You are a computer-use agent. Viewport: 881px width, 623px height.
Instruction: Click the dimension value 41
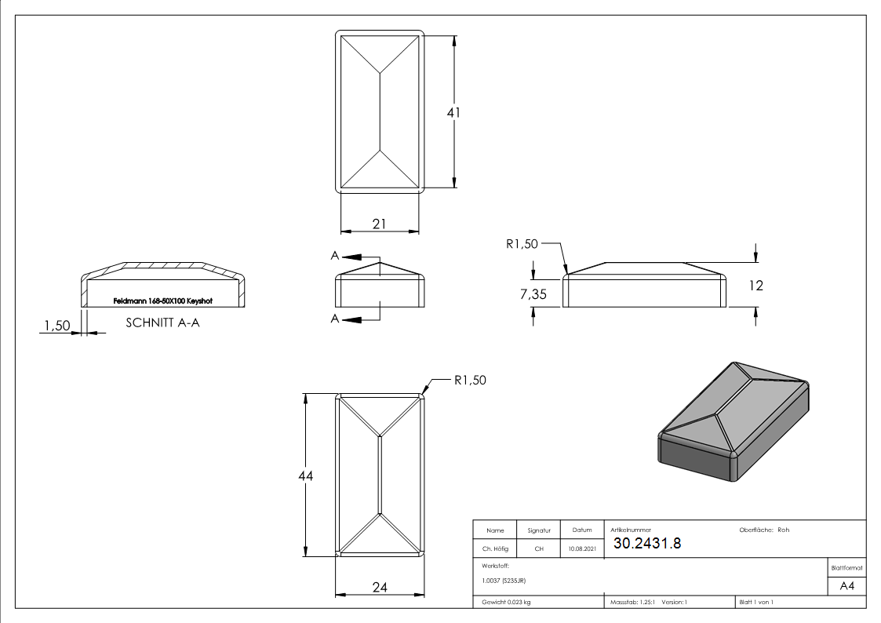453,113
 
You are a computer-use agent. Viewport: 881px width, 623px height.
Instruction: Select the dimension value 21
380,224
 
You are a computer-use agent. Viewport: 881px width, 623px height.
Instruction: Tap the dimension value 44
306,476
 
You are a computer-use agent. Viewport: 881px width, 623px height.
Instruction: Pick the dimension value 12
755,286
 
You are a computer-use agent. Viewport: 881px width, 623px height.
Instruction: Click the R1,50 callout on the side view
522,244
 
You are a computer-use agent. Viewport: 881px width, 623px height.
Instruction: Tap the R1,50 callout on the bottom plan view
470,381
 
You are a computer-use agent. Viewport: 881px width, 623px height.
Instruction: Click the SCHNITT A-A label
162,322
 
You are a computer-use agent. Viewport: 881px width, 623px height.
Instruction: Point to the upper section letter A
335,257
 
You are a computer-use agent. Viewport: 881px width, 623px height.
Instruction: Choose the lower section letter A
335,318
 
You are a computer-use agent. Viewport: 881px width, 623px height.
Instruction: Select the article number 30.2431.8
647,544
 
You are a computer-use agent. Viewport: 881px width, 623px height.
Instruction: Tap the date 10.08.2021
581,549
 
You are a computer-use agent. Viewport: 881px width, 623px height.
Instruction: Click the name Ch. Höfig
494,549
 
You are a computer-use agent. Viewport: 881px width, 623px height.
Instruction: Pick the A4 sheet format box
846,586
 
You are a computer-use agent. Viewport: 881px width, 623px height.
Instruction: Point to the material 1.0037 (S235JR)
504,581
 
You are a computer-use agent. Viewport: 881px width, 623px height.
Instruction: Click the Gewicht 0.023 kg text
506,602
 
